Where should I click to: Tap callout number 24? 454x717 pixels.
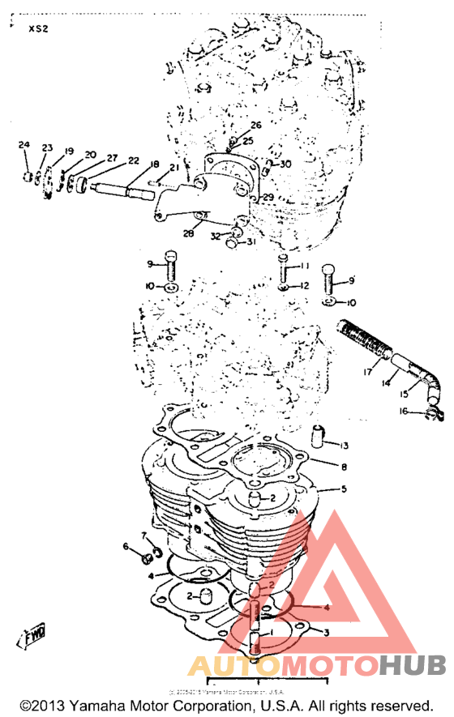24,145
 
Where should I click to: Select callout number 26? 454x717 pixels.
255,125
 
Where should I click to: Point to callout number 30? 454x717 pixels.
285,164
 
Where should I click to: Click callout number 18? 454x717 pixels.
154,164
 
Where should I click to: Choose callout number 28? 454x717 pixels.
188,234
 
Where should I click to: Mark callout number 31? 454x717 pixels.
251,241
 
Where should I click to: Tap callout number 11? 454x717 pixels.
304,266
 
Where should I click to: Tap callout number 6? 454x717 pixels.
126,547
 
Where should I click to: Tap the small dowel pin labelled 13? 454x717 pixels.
318,437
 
